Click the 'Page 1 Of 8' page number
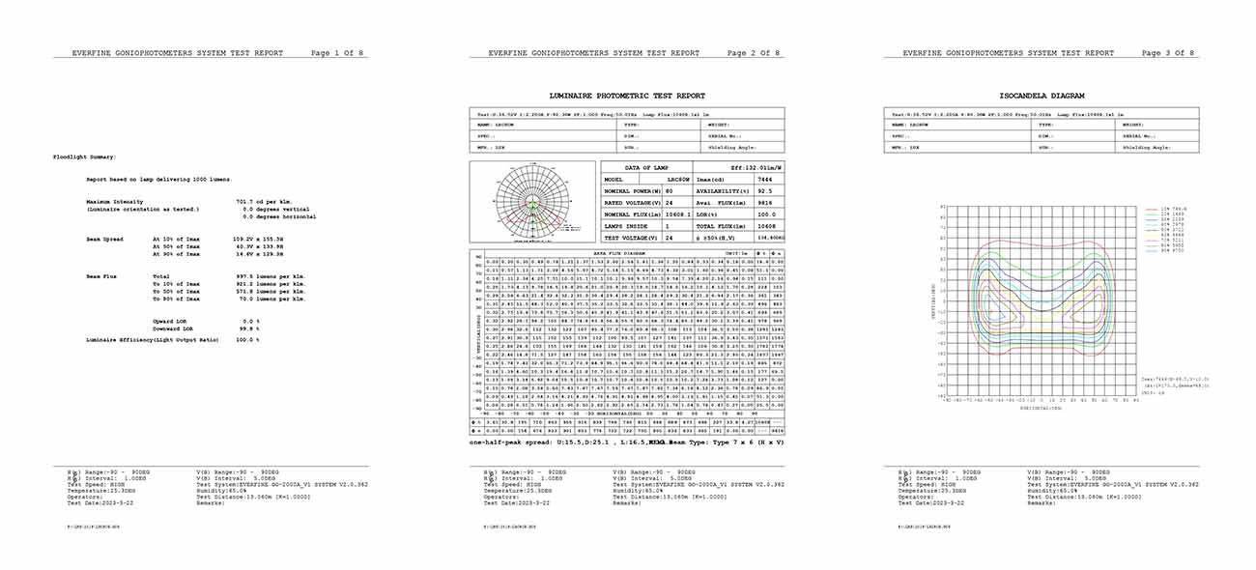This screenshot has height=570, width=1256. [338, 53]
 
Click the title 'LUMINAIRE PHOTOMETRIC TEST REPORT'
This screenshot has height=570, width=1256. [627, 96]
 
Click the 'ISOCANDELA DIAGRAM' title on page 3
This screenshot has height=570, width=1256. [1042, 96]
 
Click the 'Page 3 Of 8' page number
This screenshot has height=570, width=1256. [1167, 53]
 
